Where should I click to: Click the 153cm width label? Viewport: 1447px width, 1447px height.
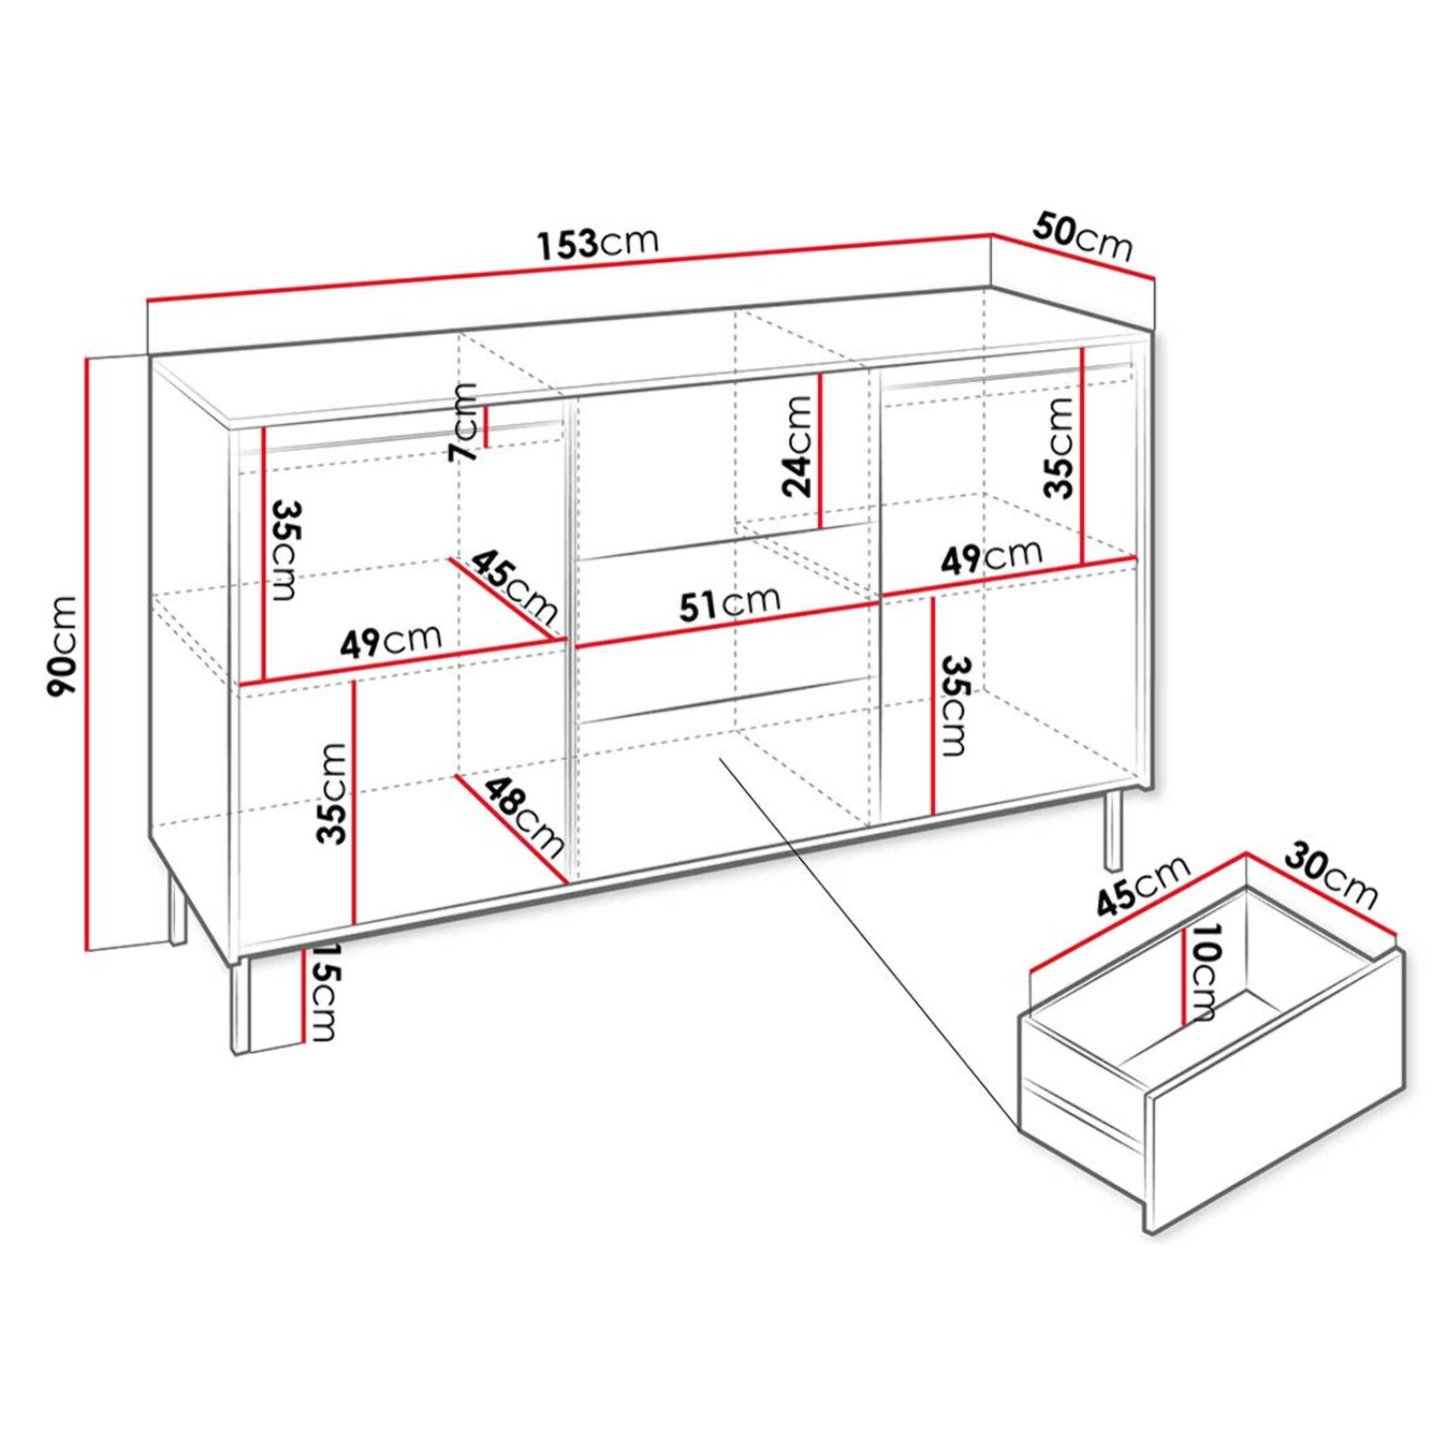[597, 243]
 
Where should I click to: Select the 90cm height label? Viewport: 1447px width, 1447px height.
[63, 646]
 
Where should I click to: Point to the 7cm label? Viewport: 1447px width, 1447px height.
[463, 422]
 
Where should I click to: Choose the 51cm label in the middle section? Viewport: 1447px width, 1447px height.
[729, 603]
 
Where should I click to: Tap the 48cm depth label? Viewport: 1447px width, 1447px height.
[523, 815]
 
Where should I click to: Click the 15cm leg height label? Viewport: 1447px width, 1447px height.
[323, 994]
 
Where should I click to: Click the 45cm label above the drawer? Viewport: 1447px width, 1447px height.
[1143, 885]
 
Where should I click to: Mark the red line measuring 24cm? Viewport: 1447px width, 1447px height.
[820, 451]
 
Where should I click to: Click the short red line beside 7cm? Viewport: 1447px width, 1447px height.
[486, 427]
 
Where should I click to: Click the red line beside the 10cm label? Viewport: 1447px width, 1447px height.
[1183, 975]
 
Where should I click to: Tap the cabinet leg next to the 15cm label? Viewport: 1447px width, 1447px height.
[240, 1006]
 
